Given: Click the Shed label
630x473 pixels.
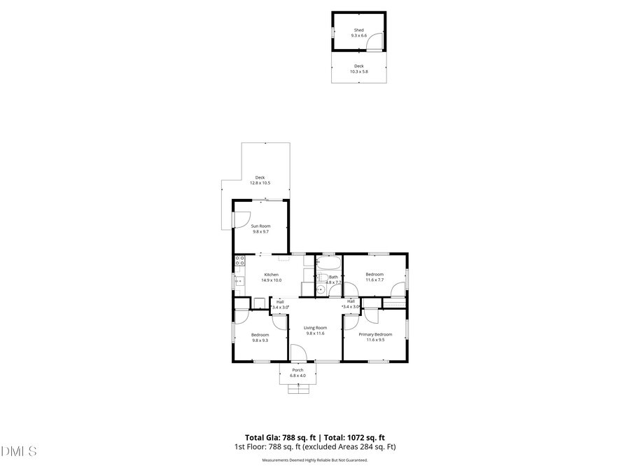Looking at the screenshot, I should pos(358,30).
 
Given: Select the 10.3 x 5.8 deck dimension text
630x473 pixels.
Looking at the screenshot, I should pos(358,71).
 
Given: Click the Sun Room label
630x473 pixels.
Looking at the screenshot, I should pos(260,226).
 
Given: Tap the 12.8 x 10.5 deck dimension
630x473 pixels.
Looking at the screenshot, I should pos(260,183).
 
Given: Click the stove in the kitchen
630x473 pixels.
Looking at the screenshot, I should pos(239,262).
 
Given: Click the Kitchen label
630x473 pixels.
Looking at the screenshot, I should pos(271,274).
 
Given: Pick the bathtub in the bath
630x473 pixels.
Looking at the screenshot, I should pos(328,264).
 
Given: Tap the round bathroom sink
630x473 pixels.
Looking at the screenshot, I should pos(321,289).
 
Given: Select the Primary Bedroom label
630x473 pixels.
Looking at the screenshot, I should pos(375,334).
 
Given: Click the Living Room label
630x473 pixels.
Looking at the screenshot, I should pos(315,328).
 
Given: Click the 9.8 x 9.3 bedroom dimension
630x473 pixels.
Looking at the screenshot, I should pos(260,341).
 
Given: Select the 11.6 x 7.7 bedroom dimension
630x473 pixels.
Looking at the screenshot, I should pos(374,280).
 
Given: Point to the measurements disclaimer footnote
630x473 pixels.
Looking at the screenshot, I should pos(314,460).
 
